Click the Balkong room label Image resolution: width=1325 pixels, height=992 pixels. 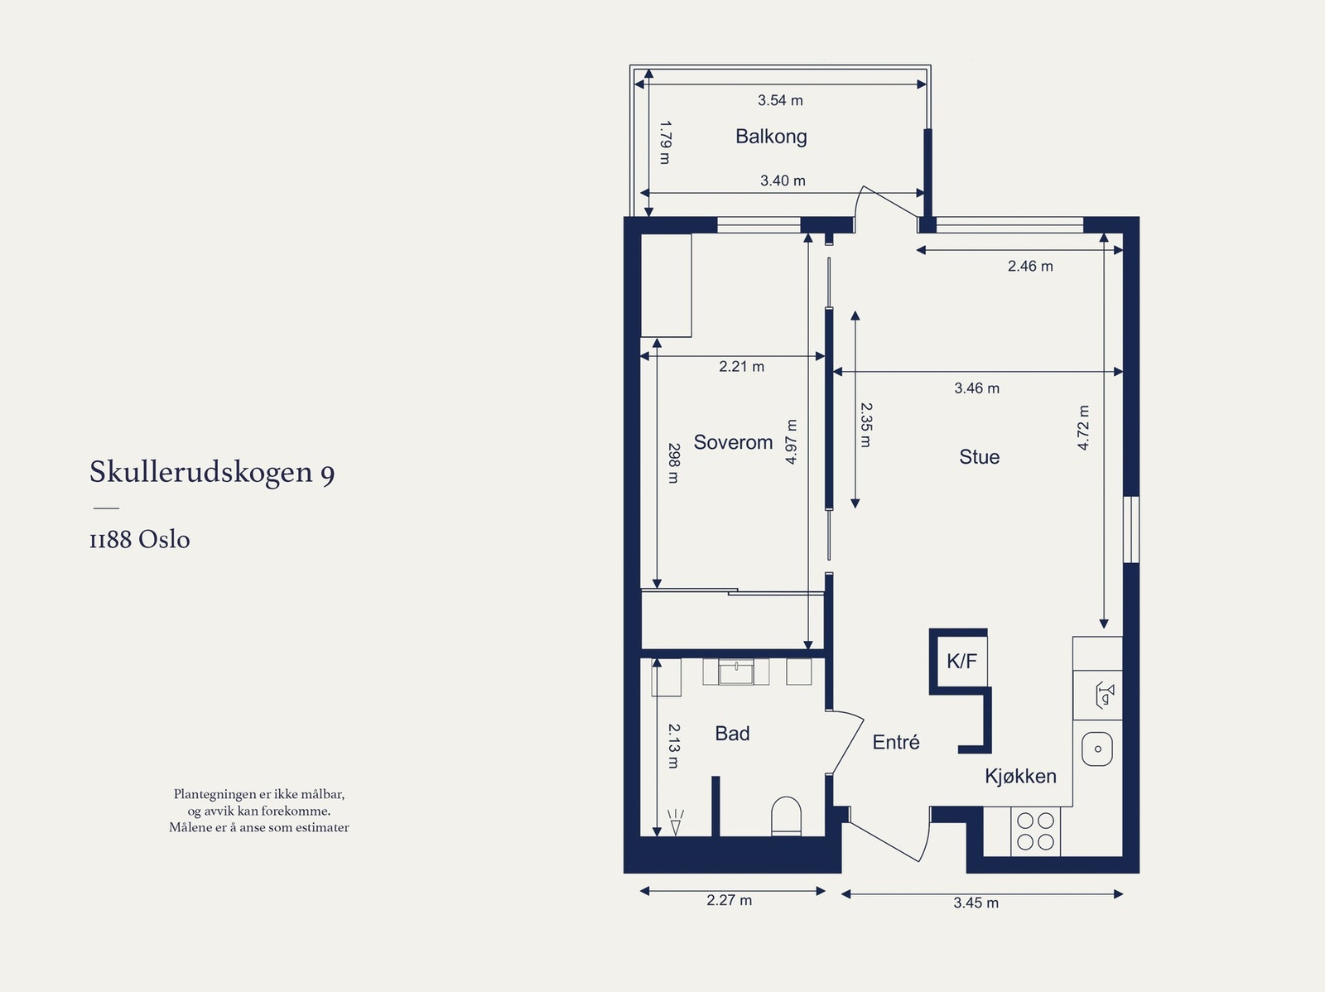pyautogui.click(x=771, y=137)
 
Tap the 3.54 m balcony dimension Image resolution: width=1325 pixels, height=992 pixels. pyautogui.click(x=780, y=100)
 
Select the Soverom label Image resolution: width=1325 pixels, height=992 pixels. pyautogui.click(x=733, y=442)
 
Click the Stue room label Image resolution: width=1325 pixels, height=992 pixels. pyautogui.click(x=979, y=457)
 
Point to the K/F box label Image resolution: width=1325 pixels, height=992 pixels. pyautogui.click(x=961, y=661)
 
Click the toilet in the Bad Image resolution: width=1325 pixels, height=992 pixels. pyautogui.click(x=786, y=816)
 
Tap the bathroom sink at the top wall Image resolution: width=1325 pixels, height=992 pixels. pyautogui.click(x=736, y=672)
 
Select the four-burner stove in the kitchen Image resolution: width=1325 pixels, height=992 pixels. pyautogui.click(x=1035, y=831)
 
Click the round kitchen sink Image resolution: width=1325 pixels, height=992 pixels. pyautogui.click(x=1097, y=749)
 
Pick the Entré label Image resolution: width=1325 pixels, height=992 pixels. pyautogui.click(x=896, y=742)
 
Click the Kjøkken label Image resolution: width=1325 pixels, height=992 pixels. pyautogui.click(x=1020, y=776)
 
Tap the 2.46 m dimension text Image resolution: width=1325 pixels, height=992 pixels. pyautogui.click(x=1030, y=266)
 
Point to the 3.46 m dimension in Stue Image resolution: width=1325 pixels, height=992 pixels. pyautogui.click(x=976, y=388)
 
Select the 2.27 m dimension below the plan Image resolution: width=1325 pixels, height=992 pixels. pyautogui.click(x=729, y=900)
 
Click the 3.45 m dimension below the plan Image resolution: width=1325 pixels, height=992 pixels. pyautogui.click(x=976, y=903)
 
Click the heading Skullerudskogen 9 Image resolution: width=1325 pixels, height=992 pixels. pyautogui.click(x=212, y=472)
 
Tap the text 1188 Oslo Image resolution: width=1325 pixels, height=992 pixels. pyautogui.click(x=140, y=540)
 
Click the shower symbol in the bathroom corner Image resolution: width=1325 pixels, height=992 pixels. pyautogui.click(x=676, y=822)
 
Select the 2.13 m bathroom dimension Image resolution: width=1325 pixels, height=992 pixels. pyautogui.click(x=673, y=746)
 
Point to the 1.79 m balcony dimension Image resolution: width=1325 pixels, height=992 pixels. pyautogui.click(x=664, y=142)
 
